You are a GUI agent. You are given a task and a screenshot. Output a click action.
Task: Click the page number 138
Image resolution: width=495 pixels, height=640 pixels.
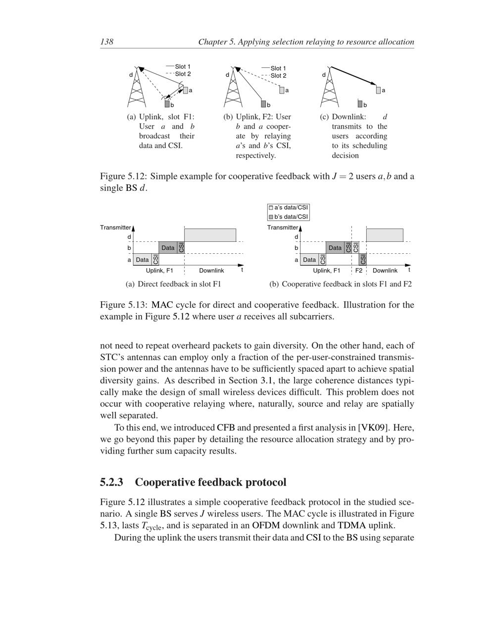106,42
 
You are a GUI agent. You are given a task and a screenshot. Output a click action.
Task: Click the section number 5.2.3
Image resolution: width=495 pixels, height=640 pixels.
111,482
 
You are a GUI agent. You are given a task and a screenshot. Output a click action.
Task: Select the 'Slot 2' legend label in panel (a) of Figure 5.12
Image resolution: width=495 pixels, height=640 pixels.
183,74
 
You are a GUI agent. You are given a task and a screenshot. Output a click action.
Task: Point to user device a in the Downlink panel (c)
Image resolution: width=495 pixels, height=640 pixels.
378,90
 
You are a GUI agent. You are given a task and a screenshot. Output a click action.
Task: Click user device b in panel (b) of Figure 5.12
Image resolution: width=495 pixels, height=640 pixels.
264,104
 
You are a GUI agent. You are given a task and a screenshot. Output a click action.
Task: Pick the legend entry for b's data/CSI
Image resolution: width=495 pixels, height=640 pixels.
289,217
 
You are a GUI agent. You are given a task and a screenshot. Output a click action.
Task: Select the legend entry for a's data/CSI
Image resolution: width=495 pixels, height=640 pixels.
289,208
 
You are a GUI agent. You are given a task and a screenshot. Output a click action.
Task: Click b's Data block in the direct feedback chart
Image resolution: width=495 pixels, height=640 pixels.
168,248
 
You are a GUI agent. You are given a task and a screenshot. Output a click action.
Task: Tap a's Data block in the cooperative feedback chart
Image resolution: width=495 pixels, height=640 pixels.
309,260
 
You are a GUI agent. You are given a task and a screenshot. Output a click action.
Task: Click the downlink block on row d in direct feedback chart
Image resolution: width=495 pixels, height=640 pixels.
210,235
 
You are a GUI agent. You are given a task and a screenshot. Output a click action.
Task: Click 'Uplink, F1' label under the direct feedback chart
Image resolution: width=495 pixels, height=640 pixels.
159,271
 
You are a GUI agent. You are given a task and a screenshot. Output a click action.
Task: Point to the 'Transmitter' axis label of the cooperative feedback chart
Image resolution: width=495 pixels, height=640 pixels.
283,228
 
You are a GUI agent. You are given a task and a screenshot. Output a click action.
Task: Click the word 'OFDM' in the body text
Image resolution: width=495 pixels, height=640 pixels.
266,525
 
